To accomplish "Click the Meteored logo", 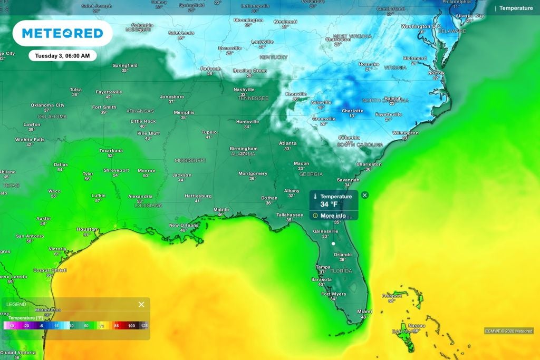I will (x=62, y=34).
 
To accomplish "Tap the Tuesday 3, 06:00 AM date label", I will (x=62, y=55).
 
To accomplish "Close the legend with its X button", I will (x=141, y=305).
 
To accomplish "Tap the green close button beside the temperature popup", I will (x=365, y=195).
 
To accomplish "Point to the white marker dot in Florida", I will (x=333, y=244).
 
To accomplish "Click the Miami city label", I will (x=364, y=312).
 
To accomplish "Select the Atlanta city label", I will (x=287, y=143).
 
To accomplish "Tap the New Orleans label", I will (x=184, y=225).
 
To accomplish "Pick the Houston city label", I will (x=86, y=229).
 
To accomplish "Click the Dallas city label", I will (x=61, y=164).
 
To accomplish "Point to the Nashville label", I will (x=244, y=90).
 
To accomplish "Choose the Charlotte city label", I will (x=352, y=111).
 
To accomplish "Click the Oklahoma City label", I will (x=47, y=105).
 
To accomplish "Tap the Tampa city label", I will (x=323, y=267).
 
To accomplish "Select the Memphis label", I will (x=184, y=112).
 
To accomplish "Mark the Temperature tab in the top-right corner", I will (x=516, y=8).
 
